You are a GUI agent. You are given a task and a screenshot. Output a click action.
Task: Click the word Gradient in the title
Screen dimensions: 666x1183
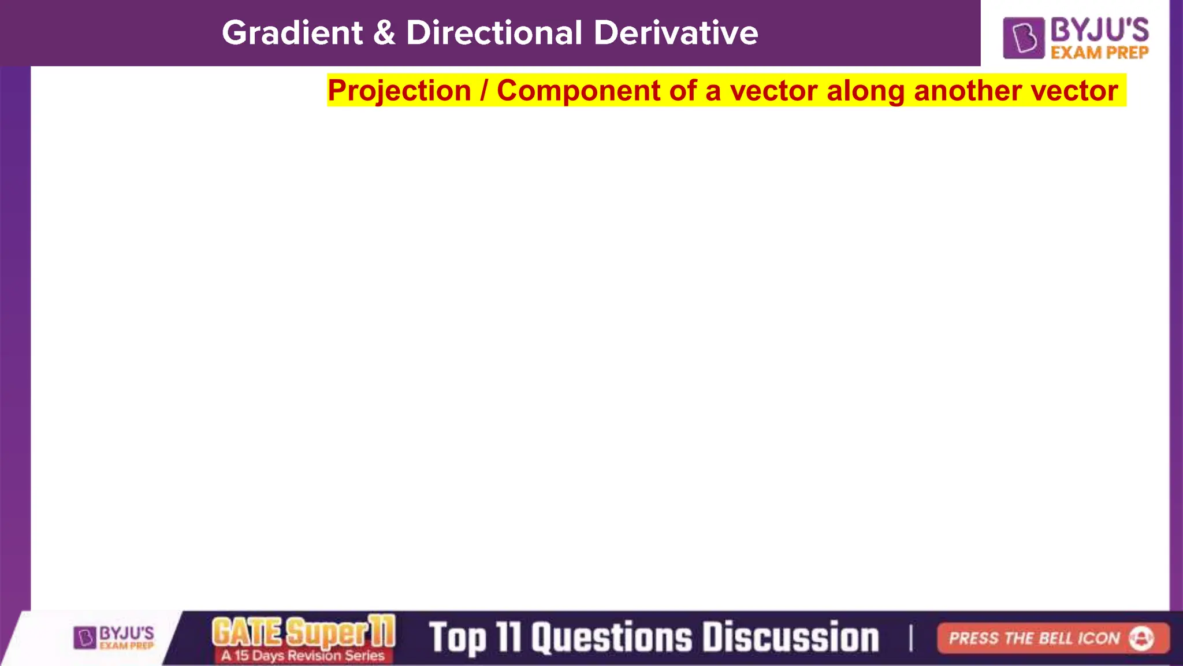292,33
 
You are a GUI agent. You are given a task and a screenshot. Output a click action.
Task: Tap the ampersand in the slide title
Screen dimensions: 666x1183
384,33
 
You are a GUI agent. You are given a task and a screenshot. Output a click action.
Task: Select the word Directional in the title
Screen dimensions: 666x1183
494,33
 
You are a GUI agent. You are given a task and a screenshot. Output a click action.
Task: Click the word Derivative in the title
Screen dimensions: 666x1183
676,33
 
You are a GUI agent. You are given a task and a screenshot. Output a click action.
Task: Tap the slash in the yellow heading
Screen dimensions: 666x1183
484,91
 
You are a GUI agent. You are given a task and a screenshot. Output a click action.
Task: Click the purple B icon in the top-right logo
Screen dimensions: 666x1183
1024,38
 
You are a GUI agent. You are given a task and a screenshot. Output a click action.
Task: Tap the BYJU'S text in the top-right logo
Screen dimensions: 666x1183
1100,29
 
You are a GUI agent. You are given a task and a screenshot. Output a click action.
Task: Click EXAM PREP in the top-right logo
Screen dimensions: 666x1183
1100,53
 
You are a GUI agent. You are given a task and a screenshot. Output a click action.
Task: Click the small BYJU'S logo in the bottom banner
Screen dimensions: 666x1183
114,638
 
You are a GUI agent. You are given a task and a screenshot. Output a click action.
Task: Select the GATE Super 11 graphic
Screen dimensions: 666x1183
303,631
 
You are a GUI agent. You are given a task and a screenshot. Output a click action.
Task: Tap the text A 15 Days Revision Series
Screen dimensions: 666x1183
303,656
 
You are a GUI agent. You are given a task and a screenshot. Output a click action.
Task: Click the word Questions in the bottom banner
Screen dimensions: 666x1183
611,638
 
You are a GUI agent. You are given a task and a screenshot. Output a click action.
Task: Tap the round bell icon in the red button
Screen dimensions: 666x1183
1141,638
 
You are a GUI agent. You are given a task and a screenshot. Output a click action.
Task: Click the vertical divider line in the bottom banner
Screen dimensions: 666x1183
911,638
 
